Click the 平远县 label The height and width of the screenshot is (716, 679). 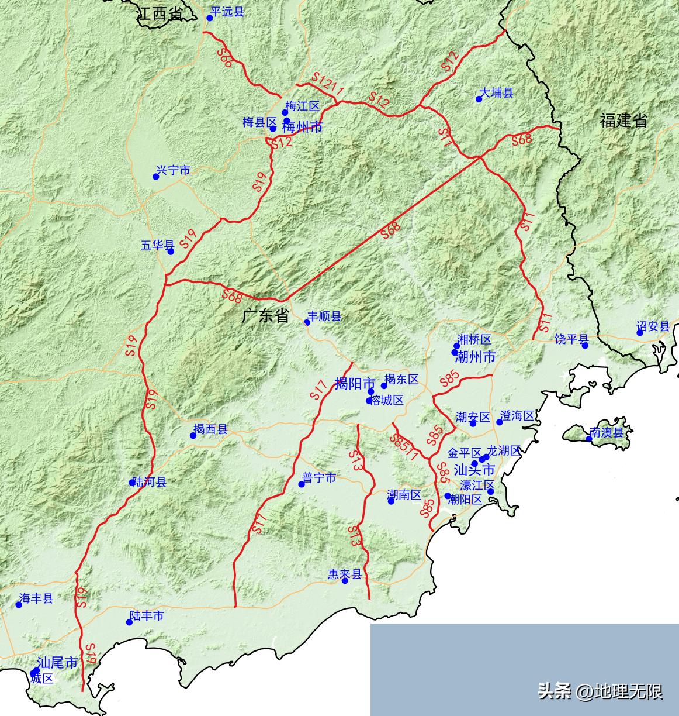point(227,12)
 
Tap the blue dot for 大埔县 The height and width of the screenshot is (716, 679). point(479,99)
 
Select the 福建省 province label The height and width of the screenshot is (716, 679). point(623,121)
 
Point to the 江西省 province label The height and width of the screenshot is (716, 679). point(160,15)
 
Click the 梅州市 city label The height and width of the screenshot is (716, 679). point(302,127)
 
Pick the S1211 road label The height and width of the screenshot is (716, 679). point(327,84)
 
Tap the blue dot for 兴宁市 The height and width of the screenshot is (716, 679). point(156,177)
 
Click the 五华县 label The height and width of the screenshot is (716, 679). point(157,245)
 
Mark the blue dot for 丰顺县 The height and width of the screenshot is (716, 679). point(307,322)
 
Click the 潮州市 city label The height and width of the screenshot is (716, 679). point(474,356)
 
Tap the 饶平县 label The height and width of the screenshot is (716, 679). point(571,339)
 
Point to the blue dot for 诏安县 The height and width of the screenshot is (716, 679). point(640,333)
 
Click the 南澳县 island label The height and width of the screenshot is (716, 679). point(606,433)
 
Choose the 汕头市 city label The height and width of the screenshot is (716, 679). point(474,470)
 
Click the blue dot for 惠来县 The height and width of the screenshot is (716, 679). point(345,580)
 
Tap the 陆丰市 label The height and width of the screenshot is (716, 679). point(146,616)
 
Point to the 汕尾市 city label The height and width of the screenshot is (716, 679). point(57,663)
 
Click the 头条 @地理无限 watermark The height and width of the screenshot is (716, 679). point(600,692)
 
